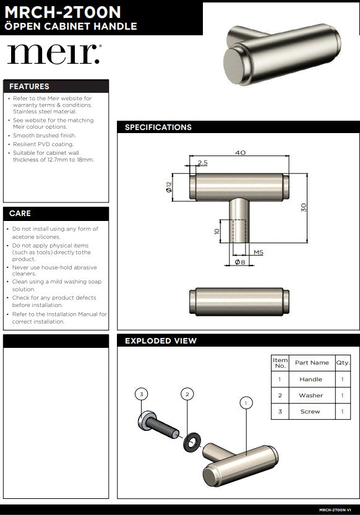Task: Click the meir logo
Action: [54, 54]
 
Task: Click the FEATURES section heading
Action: [29, 87]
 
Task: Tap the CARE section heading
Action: [20, 214]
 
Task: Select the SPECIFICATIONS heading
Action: [158, 128]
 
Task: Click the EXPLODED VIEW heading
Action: [161, 341]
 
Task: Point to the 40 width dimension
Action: [240, 152]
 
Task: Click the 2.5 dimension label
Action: [202, 163]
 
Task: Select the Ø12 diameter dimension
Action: [169, 187]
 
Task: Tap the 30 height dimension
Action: [304, 207]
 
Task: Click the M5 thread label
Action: [259, 253]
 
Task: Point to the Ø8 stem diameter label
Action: [240, 262]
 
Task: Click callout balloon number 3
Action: [142, 394]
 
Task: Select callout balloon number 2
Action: [187, 394]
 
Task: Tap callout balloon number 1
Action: [246, 403]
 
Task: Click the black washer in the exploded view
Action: [192, 442]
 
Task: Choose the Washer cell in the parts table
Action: [311, 396]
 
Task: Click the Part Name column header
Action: [312, 363]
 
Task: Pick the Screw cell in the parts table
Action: [311, 412]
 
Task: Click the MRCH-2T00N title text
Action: [62, 12]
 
